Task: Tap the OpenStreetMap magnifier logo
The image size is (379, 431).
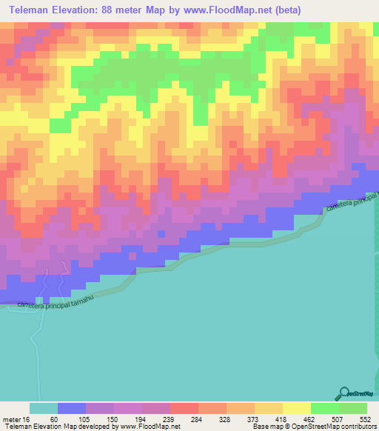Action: tap(344, 394)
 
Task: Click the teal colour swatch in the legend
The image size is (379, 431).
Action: tap(43, 408)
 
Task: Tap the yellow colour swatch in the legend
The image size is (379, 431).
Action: tap(296, 408)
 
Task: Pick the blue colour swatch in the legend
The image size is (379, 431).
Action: tap(71, 408)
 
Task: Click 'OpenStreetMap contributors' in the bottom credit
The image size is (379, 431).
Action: tap(335, 427)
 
